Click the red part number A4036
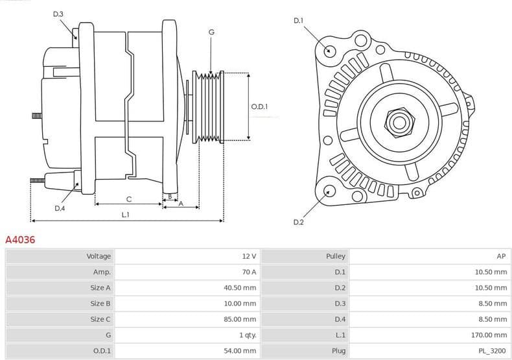[x=20, y=239]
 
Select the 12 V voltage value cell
[x=249, y=256]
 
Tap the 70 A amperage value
[x=249, y=272]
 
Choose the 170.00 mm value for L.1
[x=491, y=335]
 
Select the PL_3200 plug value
[x=494, y=350]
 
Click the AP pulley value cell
[x=502, y=256]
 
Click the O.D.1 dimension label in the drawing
[x=259, y=107]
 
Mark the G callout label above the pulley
[x=211, y=32]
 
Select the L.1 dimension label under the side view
[x=125, y=215]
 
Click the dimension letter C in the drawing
[x=128, y=198]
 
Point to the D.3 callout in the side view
[x=58, y=14]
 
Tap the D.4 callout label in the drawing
[x=60, y=208]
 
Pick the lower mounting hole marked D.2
[x=329, y=191]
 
